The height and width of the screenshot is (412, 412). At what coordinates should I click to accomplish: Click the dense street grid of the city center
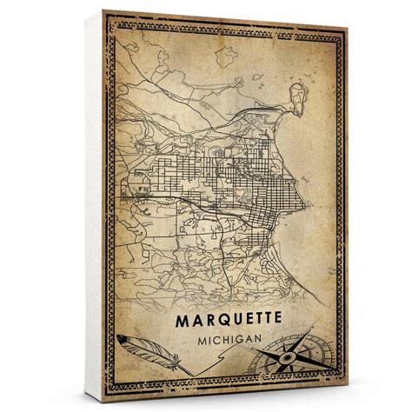click(252, 186)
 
